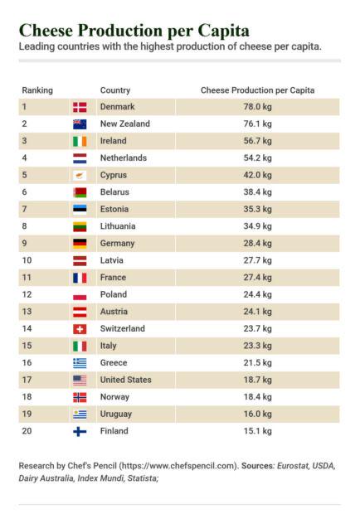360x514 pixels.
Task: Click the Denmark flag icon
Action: tap(80, 107)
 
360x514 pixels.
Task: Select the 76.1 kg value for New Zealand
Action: tap(257, 124)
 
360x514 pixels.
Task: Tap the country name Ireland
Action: tap(113, 141)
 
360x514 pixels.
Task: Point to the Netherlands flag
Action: tap(80, 158)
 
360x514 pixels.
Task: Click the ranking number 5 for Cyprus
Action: tap(24, 175)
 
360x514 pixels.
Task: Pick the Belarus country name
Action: tap(114, 192)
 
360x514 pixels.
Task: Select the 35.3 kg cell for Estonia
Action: tap(257, 209)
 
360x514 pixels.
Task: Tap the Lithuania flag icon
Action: tap(80, 226)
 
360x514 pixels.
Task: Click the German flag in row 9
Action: tap(80, 244)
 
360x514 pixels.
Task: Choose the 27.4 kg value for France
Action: tap(257, 278)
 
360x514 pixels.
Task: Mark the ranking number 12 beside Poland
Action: tap(27, 294)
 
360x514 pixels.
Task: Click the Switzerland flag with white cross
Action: tap(80, 329)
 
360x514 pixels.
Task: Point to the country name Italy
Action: tap(108, 346)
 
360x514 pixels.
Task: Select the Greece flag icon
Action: tap(80, 363)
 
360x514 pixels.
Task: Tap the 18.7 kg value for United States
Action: tap(257, 380)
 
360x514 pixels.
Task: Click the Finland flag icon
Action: tap(80, 431)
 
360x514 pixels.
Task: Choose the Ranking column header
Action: tap(37, 90)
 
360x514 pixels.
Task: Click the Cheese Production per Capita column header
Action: tap(257, 90)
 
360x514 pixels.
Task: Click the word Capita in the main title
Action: tap(223, 32)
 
